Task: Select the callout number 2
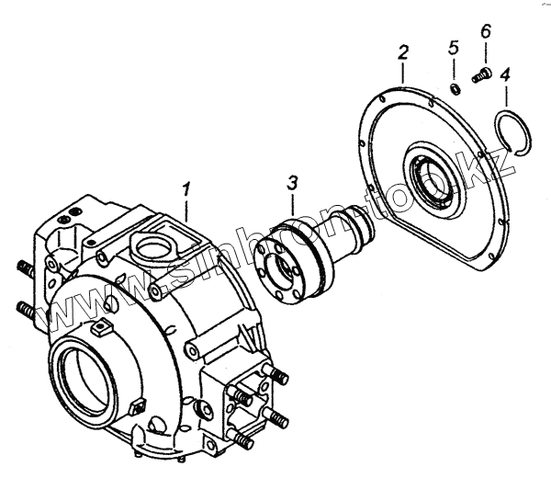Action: pyautogui.click(x=402, y=53)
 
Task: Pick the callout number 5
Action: pyautogui.click(x=452, y=47)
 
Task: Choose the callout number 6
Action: pyautogui.click(x=485, y=32)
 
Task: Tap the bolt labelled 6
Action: pyautogui.click(x=483, y=77)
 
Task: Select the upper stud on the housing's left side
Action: pyautogui.click(x=25, y=268)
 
